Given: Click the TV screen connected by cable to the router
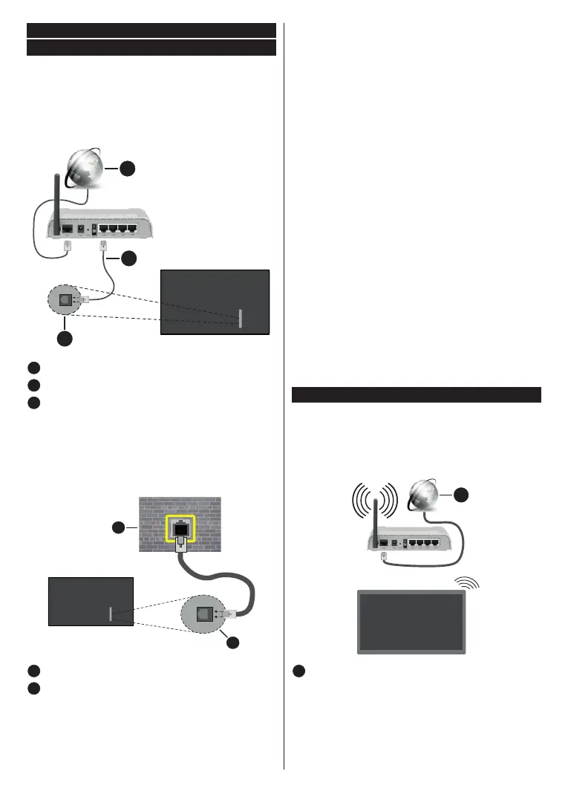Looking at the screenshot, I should pyautogui.click(x=215, y=302).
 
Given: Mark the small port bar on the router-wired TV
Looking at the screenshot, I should pyautogui.click(x=240, y=319).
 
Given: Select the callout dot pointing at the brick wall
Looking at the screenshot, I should pyautogui.click(x=117, y=527).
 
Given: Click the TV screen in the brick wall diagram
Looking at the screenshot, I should pyautogui.click(x=90, y=602).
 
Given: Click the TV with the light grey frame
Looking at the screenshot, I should pyautogui.click(x=411, y=621).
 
